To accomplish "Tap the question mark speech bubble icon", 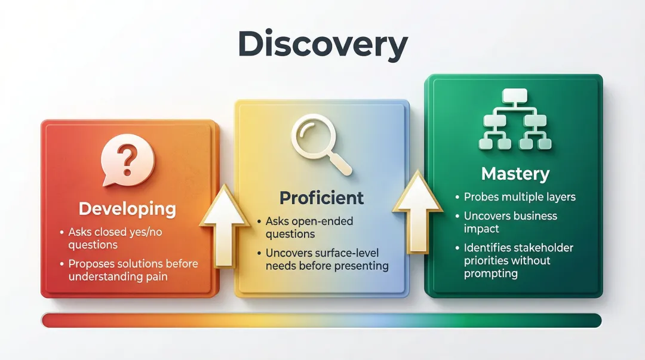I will pos(128,161).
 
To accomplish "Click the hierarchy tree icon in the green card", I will pos(515,119).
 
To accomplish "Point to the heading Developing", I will pos(128,209).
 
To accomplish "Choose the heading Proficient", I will pos(322,198).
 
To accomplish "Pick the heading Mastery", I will pos(515,174).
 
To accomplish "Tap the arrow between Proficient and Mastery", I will pos(417,209).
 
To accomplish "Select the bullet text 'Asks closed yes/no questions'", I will pos(113,238).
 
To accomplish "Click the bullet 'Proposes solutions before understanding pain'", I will pos(133,270).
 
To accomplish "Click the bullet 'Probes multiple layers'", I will pos(520,197).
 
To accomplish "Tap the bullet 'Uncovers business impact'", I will pos(510,222).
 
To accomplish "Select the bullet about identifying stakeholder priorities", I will pos(518,260).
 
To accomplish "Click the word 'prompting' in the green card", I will pos(490,274).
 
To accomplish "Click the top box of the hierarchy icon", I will pos(515,96).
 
